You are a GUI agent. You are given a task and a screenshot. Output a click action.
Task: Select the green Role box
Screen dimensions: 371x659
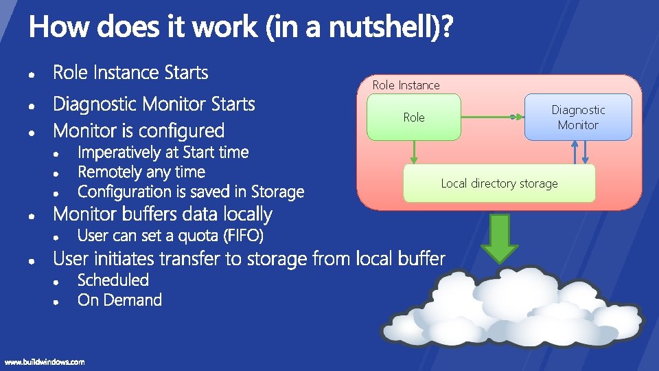[x=413, y=117]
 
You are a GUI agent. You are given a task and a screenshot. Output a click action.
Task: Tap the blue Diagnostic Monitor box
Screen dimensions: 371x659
[x=578, y=117]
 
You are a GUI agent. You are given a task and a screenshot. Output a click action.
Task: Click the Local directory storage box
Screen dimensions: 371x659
[x=499, y=183]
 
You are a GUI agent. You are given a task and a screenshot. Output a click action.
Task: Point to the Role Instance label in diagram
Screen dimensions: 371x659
[x=406, y=85]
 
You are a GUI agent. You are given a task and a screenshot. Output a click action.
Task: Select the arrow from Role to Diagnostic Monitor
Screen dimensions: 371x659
[x=492, y=117]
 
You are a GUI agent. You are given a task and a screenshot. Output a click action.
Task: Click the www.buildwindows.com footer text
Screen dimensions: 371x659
[x=45, y=362]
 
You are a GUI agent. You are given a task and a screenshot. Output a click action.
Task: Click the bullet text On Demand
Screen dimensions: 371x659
[x=119, y=300]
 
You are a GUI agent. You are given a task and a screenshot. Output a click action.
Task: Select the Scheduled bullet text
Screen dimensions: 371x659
[x=113, y=280]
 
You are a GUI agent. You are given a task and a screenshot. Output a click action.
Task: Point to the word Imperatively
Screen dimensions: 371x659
[x=121, y=153]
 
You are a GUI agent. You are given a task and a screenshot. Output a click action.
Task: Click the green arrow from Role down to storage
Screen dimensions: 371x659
[x=415, y=152]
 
